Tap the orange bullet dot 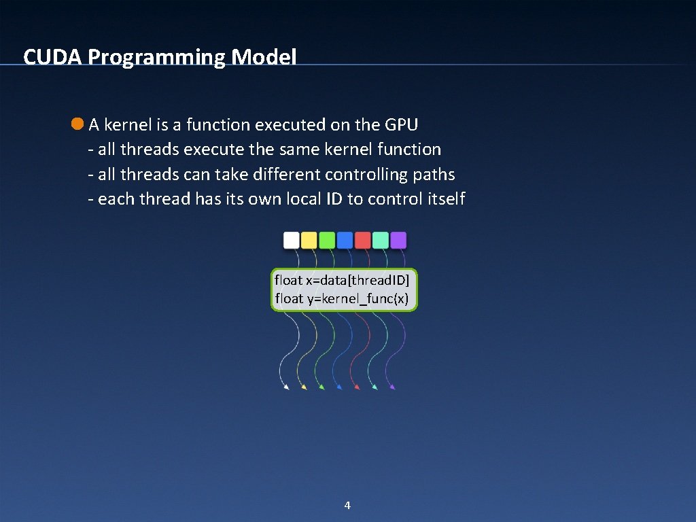coord(77,124)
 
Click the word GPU coord(401,125)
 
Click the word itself coord(446,199)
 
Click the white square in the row coord(291,240)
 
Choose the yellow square coord(309,240)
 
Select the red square coord(363,240)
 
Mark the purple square coord(398,240)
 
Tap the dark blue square coord(345,240)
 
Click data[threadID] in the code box coord(366,280)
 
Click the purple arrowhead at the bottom coord(392,387)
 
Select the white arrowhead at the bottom coord(286,387)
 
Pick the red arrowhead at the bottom coord(357,387)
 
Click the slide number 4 coord(347,505)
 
